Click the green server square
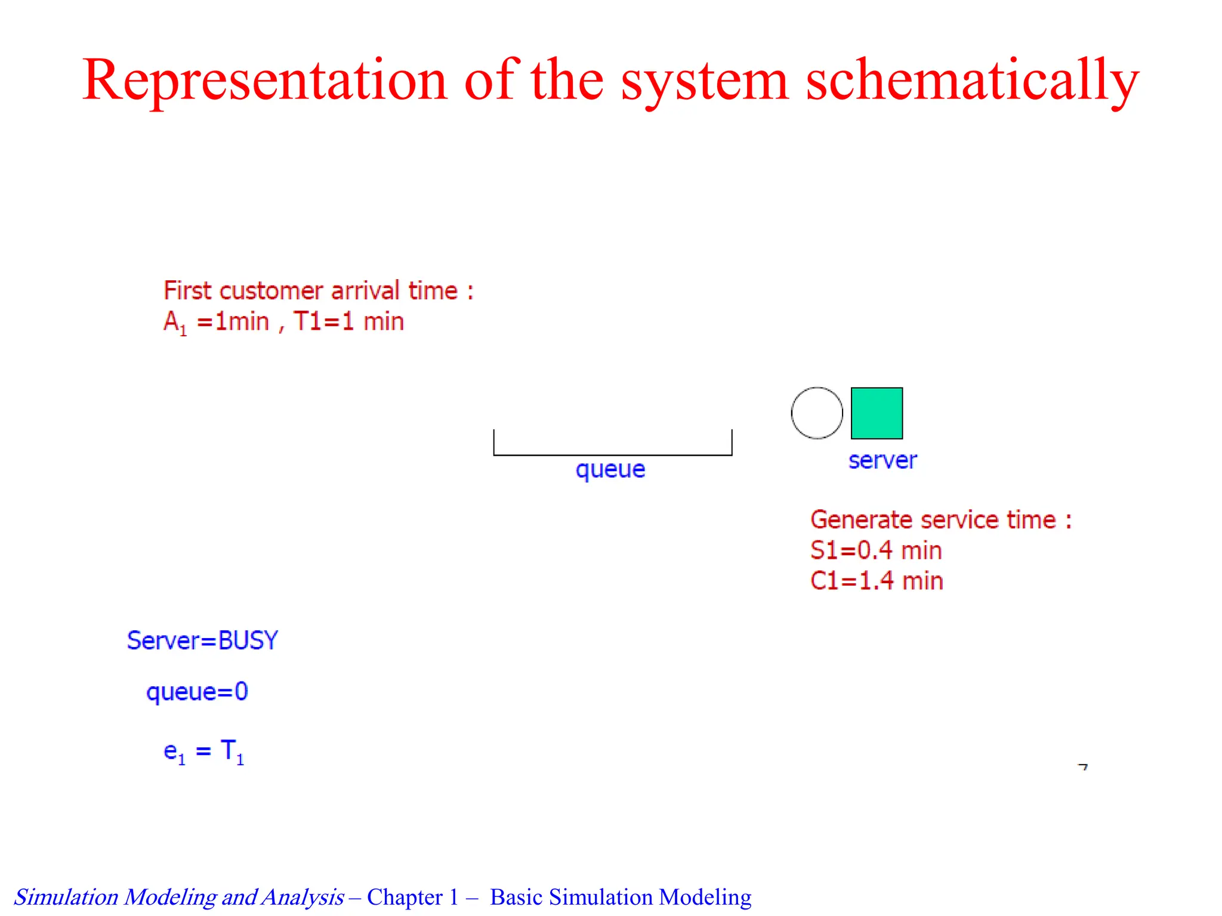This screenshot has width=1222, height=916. (x=877, y=413)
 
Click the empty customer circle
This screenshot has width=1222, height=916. (x=817, y=413)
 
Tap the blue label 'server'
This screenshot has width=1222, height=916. (x=882, y=460)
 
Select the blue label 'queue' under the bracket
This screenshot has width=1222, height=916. (x=610, y=469)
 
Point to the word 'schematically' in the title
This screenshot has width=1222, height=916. (x=973, y=81)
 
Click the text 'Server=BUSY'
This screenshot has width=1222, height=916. (x=202, y=640)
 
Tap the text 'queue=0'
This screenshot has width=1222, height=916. (x=197, y=692)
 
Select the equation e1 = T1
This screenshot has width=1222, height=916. (x=203, y=751)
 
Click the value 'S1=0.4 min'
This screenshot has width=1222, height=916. (x=876, y=550)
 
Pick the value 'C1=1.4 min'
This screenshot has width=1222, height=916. (x=877, y=581)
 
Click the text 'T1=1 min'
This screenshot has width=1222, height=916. (x=348, y=321)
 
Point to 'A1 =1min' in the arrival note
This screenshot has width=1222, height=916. (x=216, y=322)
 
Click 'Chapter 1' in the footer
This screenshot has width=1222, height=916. (x=412, y=897)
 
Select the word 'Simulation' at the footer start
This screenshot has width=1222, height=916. (x=66, y=897)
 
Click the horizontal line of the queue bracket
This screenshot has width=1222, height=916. (x=612, y=455)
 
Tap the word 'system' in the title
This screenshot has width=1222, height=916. (x=705, y=81)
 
